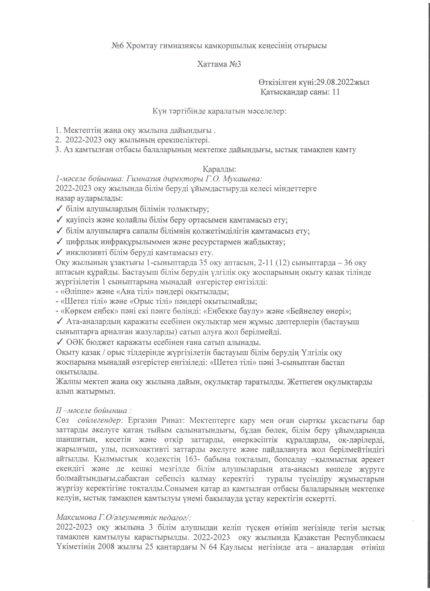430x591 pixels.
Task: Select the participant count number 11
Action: tap(336, 92)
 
